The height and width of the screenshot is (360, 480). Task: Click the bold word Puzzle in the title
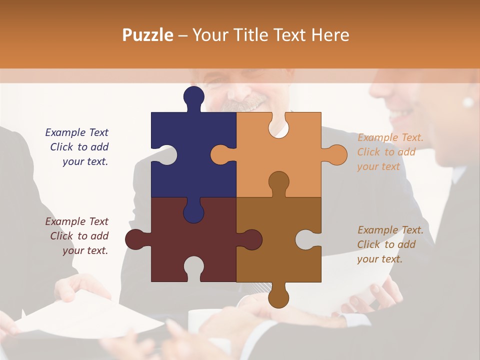pos(148,35)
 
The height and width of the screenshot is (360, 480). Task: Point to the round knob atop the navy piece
pos(193,96)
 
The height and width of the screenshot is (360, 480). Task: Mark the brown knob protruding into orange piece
pos(278,181)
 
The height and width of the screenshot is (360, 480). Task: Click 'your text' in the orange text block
pos(378,166)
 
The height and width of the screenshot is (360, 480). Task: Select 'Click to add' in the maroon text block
pos(79,236)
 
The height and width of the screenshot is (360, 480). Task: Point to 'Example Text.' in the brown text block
pos(390,230)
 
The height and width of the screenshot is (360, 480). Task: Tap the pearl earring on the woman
pos(468,102)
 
